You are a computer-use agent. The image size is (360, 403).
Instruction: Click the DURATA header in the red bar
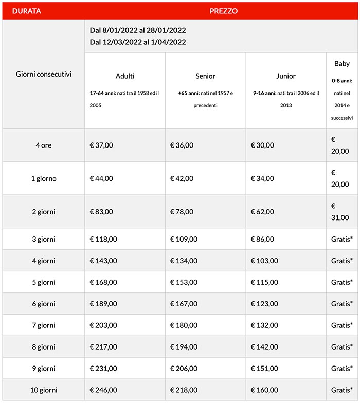click(27, 11)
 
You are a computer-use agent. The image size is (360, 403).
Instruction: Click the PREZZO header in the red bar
click(224, 11)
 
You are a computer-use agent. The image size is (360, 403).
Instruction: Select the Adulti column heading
click(125, 76)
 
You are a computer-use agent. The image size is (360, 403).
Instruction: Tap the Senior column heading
click(206, 76)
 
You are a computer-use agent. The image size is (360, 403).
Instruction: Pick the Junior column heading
click(286, 76)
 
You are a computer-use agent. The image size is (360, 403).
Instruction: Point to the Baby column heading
click(342, 64)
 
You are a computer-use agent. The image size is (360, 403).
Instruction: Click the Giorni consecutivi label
click(44, 74)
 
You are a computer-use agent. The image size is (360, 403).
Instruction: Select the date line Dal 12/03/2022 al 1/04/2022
click(138, 42)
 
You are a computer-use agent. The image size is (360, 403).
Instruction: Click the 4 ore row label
click(44, 145)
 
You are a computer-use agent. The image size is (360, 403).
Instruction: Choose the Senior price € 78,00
click(182, 212)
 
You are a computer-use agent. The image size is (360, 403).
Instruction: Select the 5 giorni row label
click(44, 282)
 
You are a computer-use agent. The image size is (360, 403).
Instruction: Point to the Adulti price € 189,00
click(103, 304)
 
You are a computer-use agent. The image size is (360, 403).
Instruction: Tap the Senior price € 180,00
click(184, 325)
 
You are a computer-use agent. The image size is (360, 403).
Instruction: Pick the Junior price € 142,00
click(264, 347)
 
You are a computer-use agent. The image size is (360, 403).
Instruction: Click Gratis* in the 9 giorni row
click(342, 369)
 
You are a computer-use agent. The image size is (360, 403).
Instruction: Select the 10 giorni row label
click(44, 390)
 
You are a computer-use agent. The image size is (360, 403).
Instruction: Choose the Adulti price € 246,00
click(103, 390)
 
